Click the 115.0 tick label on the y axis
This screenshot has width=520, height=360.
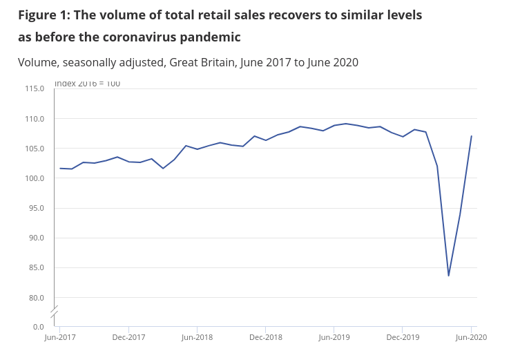[x=35, y=88]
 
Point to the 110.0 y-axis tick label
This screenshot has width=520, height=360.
[x=35, y=119]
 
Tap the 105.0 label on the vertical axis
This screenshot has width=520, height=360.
[x=35, y=149]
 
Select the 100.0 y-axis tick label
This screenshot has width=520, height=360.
[x=35, y=178]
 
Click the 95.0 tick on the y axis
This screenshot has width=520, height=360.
[x=36, y=208]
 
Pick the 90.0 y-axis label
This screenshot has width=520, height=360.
[x=36, y=238]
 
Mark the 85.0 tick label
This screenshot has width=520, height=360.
[x=36, y=267]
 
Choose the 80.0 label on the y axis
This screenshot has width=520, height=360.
[x=36, y=298]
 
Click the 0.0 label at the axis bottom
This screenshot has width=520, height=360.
[x=38, y=326]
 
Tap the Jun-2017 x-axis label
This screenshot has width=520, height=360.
[x=60, y=337]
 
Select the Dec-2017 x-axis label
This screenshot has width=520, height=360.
[x=128, y=337]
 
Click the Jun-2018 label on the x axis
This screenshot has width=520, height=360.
[x=197, y=337]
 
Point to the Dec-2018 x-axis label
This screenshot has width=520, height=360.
[x=266, y=337]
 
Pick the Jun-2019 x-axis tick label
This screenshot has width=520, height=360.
[x=334, y=337]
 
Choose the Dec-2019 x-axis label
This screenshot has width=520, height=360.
[x=403, y=337]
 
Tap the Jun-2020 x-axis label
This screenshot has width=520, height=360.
[x=471, y=337]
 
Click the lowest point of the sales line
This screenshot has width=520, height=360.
[x=448, y=276]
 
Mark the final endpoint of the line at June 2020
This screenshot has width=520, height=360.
[x=471, y=136]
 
